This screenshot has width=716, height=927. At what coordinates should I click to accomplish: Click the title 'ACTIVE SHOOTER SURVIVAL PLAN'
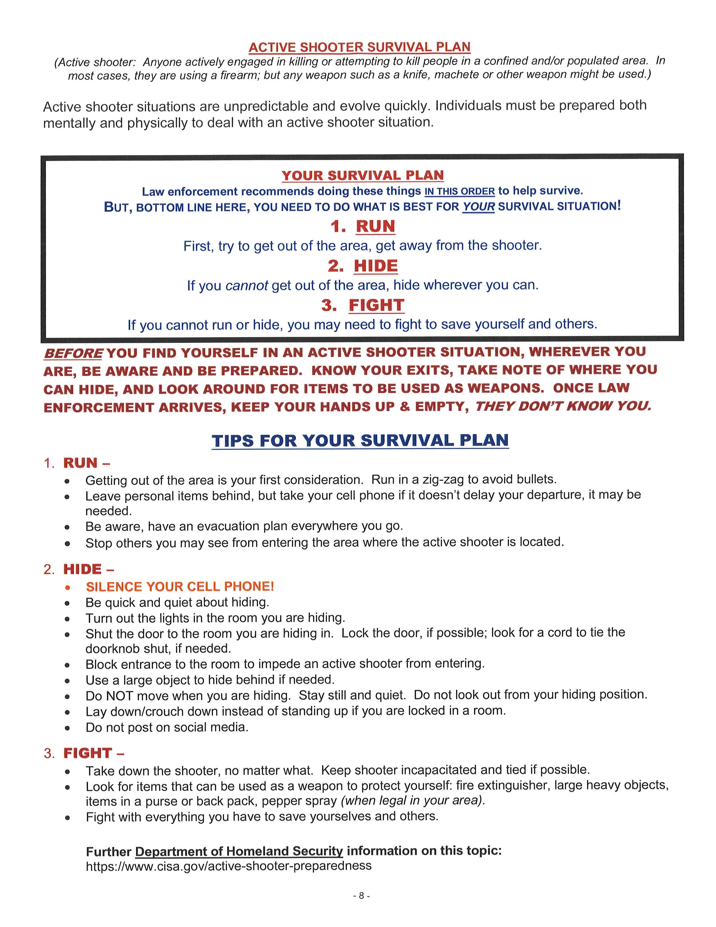coord(359,47)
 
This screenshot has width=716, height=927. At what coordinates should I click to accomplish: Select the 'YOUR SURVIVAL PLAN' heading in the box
coord(363,175)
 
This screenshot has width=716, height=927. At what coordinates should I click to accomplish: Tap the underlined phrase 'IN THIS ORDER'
coord(459,191)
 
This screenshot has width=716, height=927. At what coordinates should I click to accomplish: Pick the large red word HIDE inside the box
coord(376,266)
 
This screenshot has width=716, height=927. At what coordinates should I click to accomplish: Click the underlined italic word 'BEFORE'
coord(73,353)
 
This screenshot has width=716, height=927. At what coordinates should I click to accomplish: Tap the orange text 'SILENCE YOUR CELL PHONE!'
coord(180,587)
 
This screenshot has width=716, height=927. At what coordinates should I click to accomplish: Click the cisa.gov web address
coord(229,866)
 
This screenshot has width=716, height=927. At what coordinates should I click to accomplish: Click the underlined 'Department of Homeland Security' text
coord(239,851)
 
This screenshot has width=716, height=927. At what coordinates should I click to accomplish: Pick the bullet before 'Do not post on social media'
coord(67,728)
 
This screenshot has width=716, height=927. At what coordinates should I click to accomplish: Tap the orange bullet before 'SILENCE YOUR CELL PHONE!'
coord(67,587)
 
